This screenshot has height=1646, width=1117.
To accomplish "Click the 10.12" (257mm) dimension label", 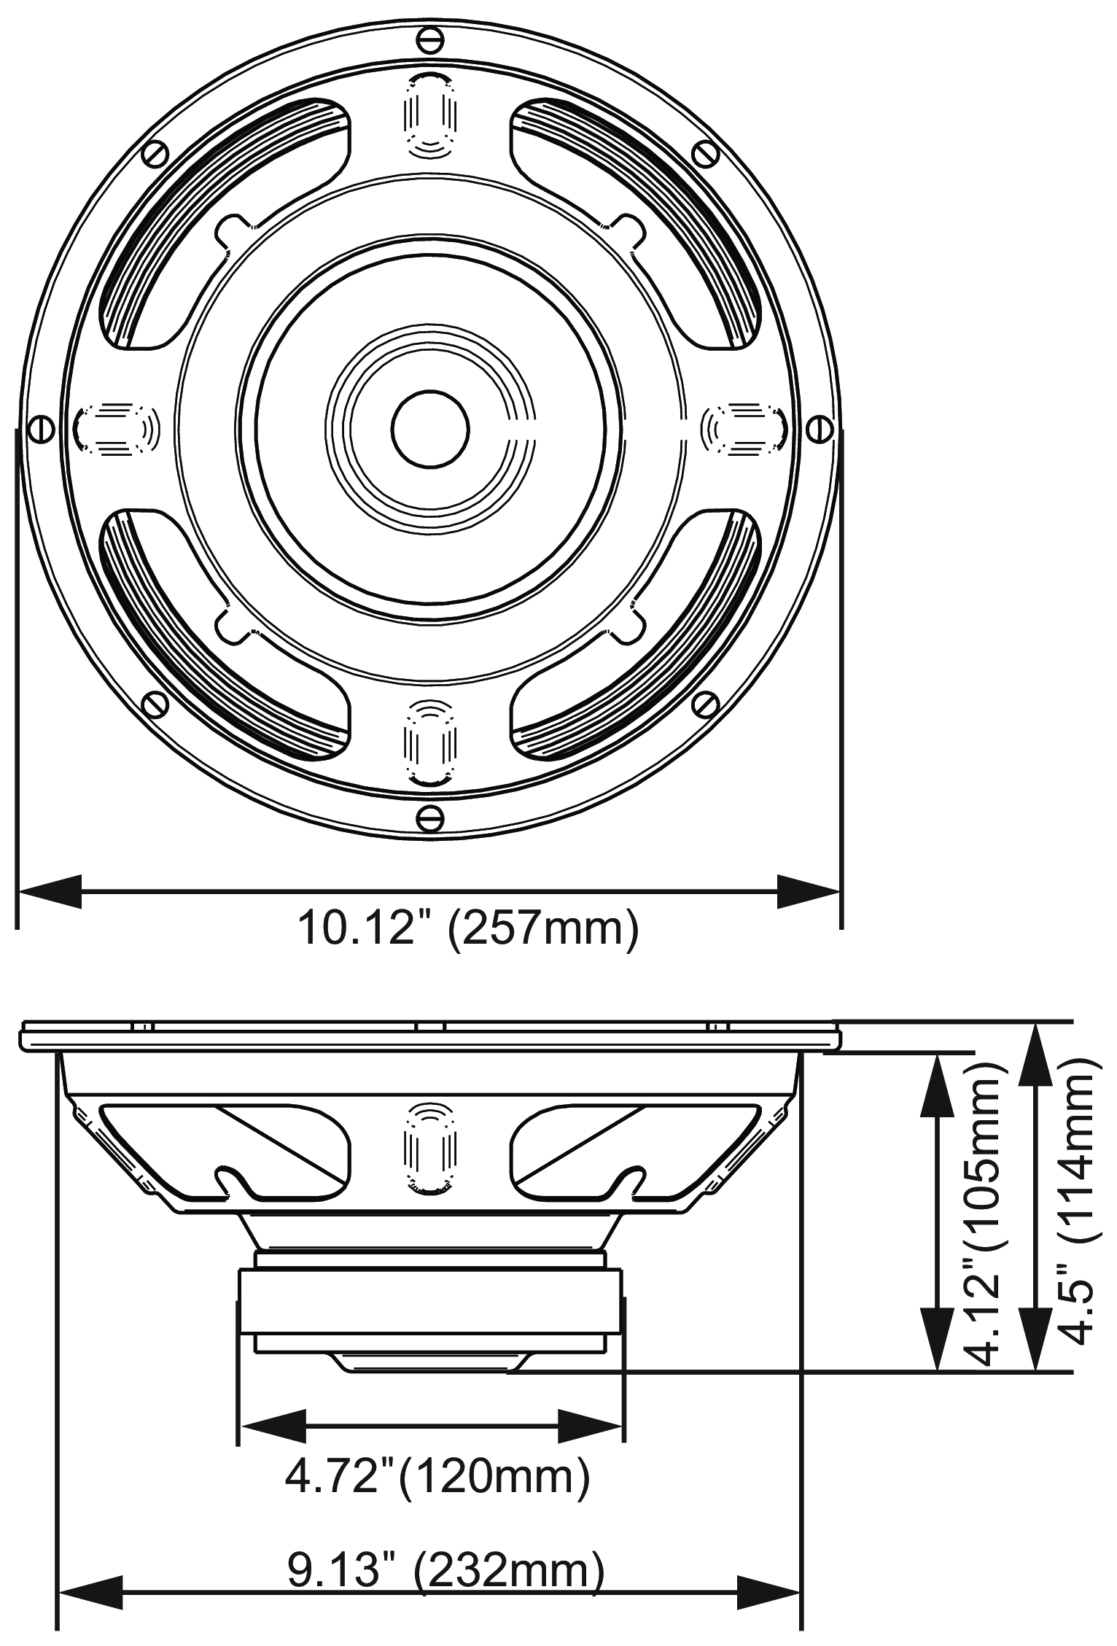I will click(x=467, y=928).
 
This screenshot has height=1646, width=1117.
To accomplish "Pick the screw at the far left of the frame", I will click(x=40, y=428).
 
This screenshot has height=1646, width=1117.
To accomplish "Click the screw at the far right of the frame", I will click(x=820, y=428).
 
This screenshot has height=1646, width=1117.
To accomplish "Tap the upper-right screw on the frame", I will click(x=705, y=152).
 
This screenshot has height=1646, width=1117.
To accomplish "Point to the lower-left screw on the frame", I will click(x=155, y=703).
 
